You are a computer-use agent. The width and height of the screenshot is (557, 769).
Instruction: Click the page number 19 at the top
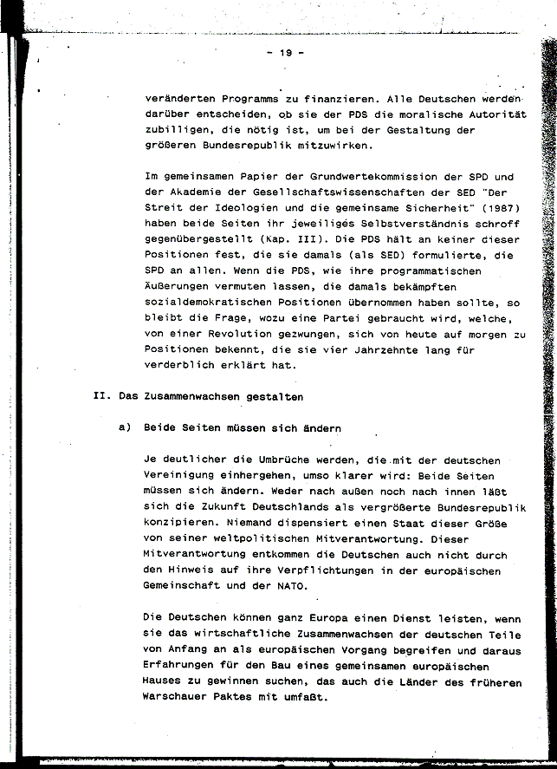click(x=285, y=53)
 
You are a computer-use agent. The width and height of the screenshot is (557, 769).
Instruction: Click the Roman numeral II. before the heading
click(x=100, y=397)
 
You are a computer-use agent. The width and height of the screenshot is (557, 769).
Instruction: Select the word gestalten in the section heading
click(x=273, y=397)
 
